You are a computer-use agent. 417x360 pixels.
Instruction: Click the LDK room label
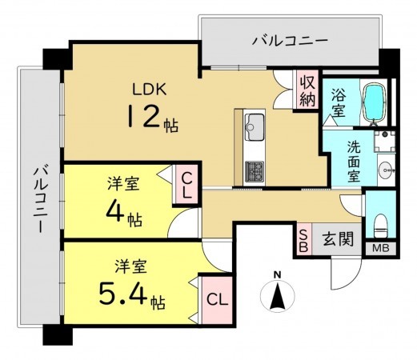(x=150, y=89)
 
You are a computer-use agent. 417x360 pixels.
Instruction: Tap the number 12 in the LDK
(x=141, y=118)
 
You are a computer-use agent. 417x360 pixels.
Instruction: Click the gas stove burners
(x=255, y=170)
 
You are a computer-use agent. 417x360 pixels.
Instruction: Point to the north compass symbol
(x=277, y=298)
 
